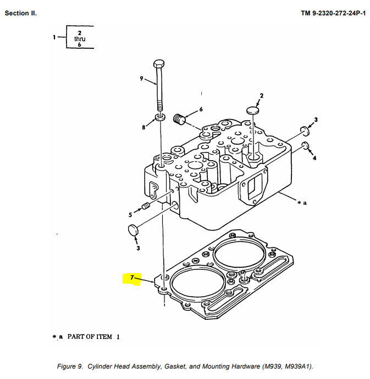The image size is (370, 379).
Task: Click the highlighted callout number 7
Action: tap(132, 278)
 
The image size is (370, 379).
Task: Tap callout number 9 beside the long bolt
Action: tap(141, 78)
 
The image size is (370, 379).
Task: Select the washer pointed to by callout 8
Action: tap(159, 117)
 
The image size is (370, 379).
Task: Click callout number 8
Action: tap(144, 127)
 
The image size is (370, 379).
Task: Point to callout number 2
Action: tap(261, 96)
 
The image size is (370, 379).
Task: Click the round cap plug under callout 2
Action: tap(252, 110)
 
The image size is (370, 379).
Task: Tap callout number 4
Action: tap(314, 158)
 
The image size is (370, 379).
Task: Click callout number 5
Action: tap(130, 214)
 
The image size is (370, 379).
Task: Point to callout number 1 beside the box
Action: tap(54, 37)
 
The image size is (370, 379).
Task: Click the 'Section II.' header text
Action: tap(21, 13)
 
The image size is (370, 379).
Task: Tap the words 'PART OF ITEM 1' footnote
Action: tap(93, 337)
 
